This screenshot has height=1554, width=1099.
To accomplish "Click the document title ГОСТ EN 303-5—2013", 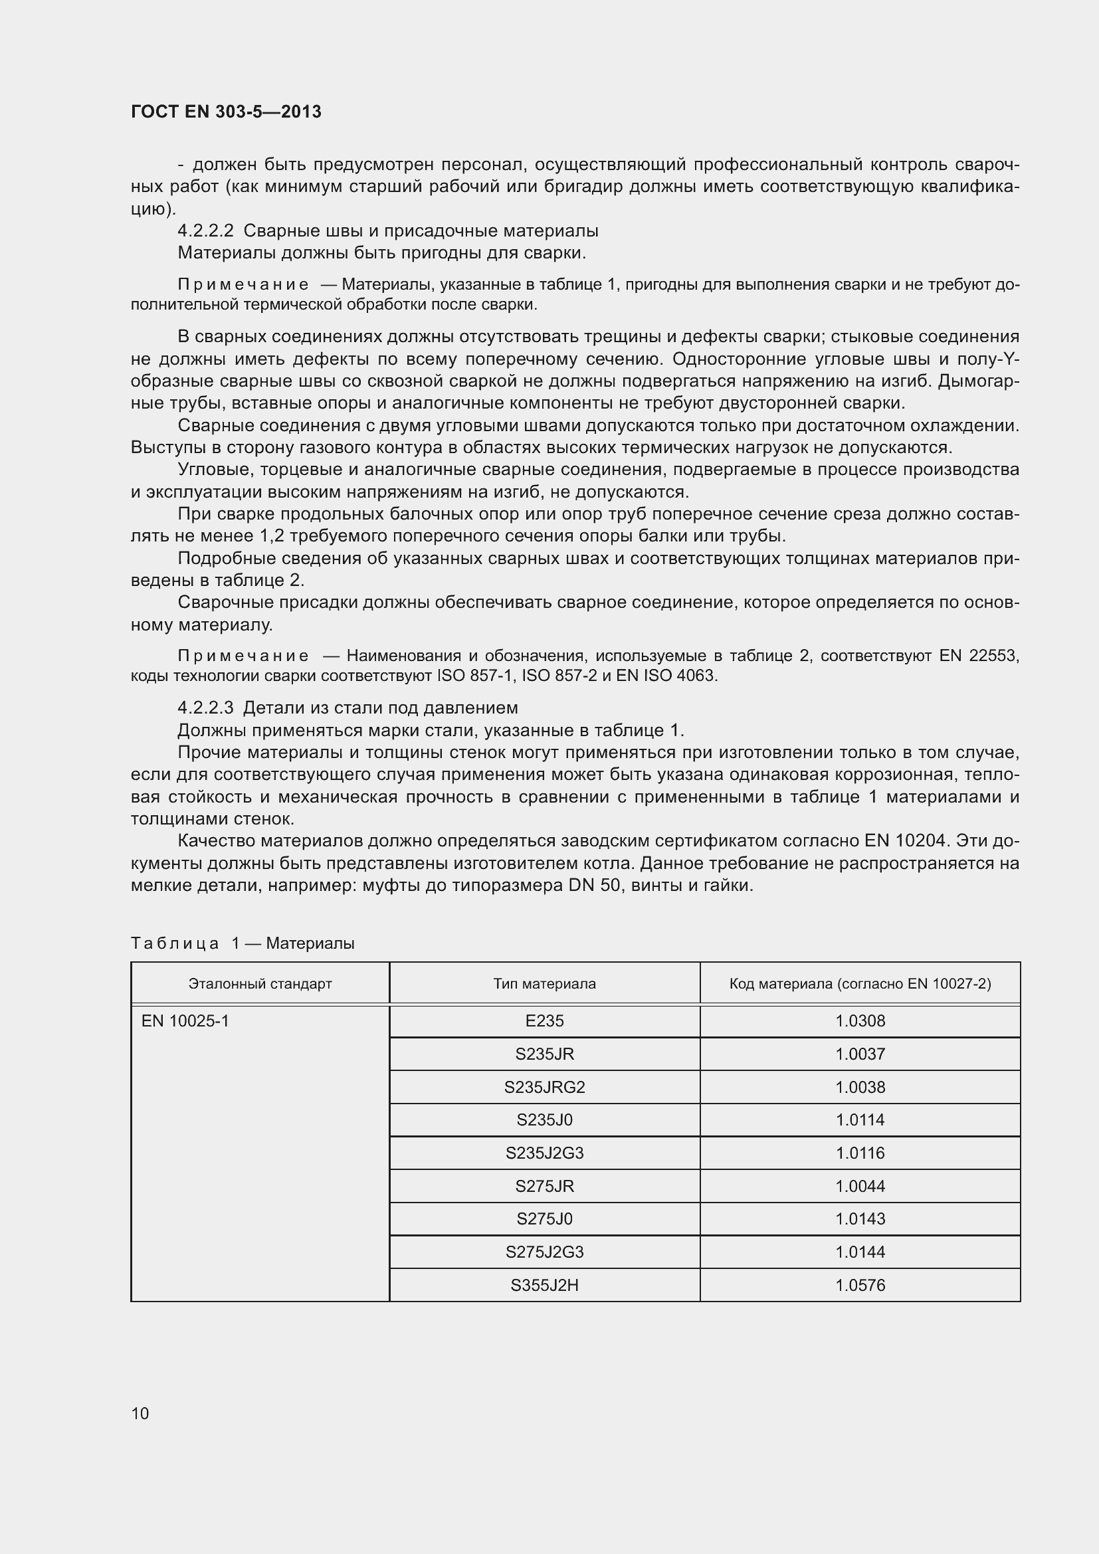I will [x=226, y=112].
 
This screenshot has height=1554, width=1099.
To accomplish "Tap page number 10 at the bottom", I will [x=140, y=1413].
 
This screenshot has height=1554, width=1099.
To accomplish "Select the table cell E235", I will [x=544, y=1020].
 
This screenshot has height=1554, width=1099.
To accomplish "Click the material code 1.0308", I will [x=859, y=1020].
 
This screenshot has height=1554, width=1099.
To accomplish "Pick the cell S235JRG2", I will [x=544, y=1087].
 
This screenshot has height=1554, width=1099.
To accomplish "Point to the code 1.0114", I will [x=859, y=1120].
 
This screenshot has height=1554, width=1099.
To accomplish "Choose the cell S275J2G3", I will [x=544, y=1252].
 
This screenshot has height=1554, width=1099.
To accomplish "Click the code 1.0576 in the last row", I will [x=859, y=1286].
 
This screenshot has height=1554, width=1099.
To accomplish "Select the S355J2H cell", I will [x=544, y=1286].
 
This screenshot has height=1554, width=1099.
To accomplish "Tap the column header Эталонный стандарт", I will [x=260, y=983].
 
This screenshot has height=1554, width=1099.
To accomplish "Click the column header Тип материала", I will [x=544, y=983].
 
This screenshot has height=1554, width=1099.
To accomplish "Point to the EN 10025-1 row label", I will [x=185, y=1020].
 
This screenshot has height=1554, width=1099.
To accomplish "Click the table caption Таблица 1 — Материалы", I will [x=243, y=943].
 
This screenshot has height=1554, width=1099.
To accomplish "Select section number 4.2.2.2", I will [x=206, y=231].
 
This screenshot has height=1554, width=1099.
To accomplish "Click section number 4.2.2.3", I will [x=206, y=708].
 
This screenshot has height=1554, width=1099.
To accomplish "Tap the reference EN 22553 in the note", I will [x=978, y=655].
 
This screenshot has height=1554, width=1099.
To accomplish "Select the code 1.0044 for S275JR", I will [x=859, y=1187].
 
